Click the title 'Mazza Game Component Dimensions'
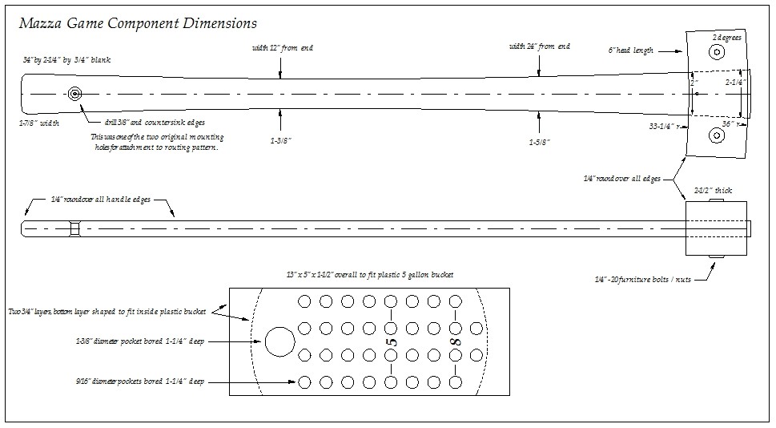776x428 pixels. pyautogui.click(x=137, y=24)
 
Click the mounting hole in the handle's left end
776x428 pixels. pyautogui.click(x=74, y=94)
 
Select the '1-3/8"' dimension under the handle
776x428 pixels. pyautogui.click(x=279, y=140)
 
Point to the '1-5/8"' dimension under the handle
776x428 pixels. pyautogui.click(x=539, y=142)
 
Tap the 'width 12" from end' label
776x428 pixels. pyautogui.click(x=283, y=48)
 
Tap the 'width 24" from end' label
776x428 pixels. pyautogui.click(x=540, y=46)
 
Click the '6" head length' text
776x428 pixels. pyautogui.click(x=631, y=50)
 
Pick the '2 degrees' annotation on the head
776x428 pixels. pyautogui.click(x=727, y=38)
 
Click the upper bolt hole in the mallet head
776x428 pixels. pyautogui.click(x=716, y=53)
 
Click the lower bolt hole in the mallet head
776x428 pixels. pyautogui.click(x=716, y=136)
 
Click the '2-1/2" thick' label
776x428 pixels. pyautogui.click(x=712, y=191)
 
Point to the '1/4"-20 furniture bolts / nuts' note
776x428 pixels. pyautogui.click(x=642, y=279)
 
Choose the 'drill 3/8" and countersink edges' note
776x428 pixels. pyautogui.click(x=155, y=123)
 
